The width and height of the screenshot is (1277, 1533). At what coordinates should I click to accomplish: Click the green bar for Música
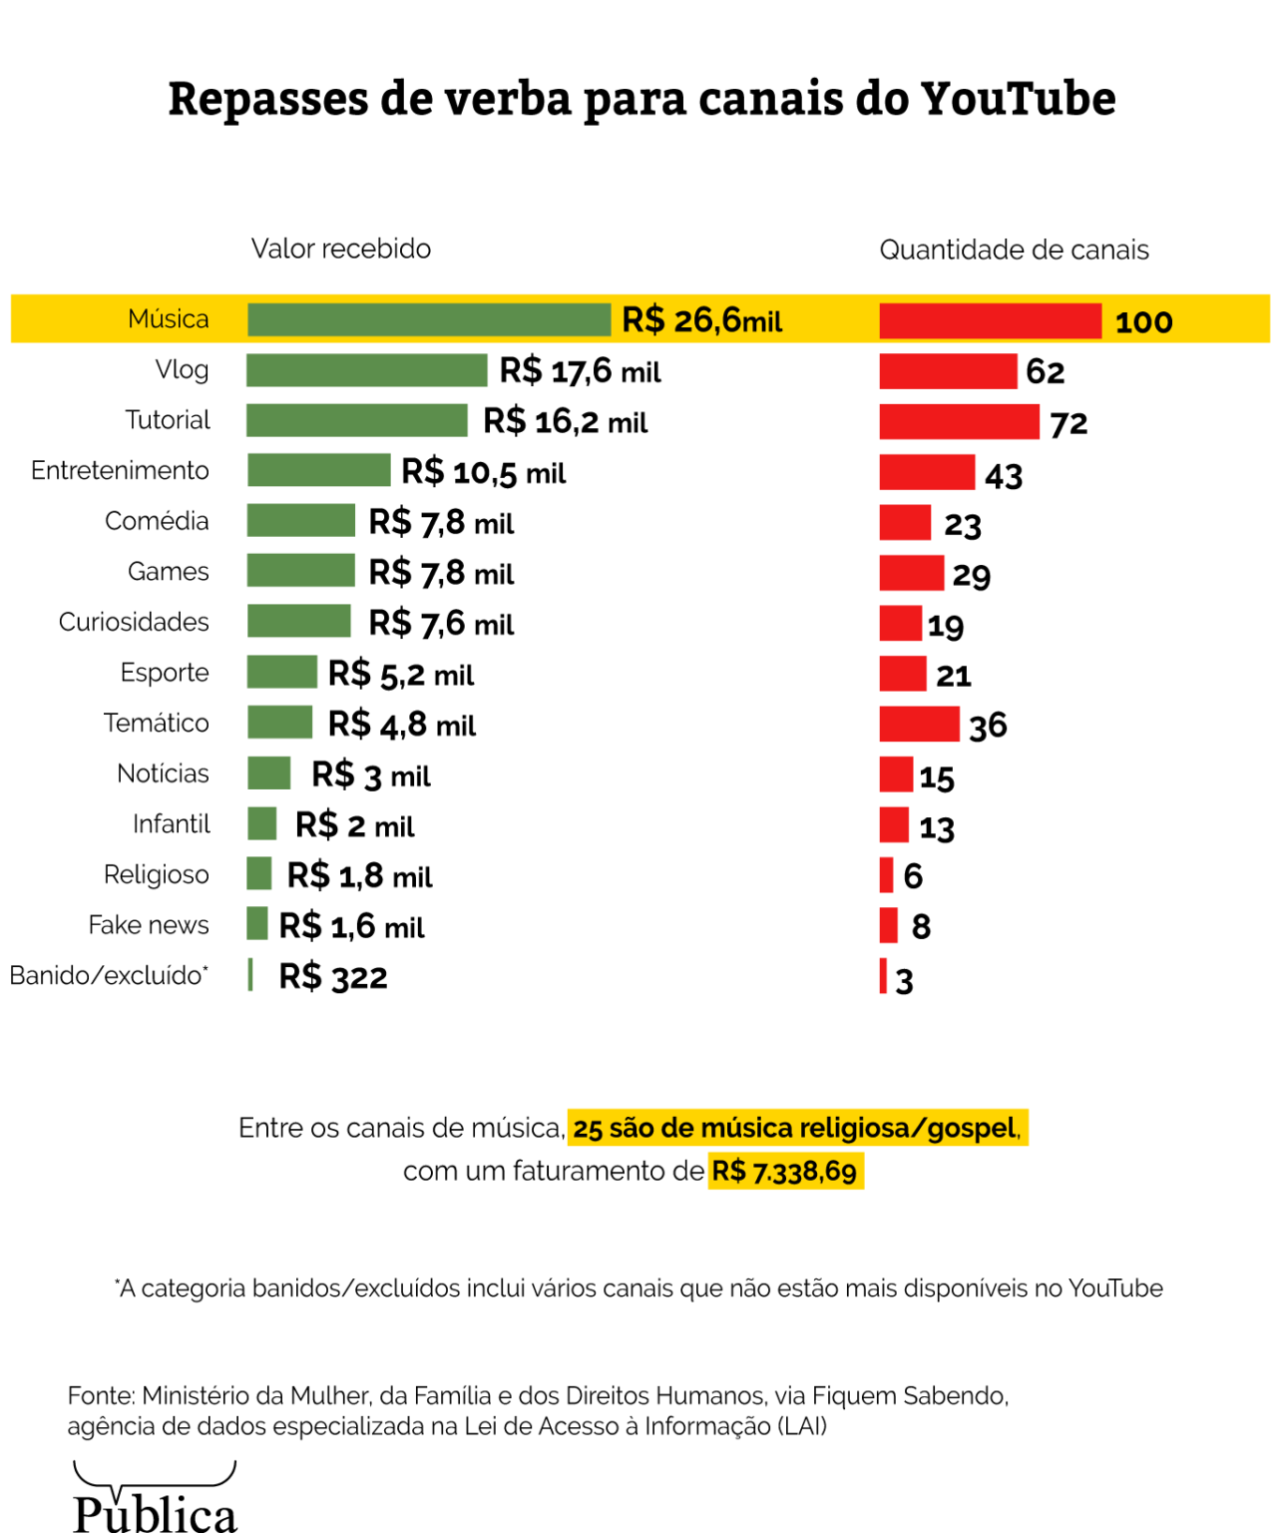(429, 320)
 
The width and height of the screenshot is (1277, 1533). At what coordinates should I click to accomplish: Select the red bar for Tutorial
(959, 421)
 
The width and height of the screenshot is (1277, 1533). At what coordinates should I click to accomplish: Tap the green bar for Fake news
(257, 924)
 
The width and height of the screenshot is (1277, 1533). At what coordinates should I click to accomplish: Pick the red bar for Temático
(919, 724)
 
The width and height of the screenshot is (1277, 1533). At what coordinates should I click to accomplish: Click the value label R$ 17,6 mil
(580, 371)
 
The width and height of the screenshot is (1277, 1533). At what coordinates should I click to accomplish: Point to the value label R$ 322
(332, 976)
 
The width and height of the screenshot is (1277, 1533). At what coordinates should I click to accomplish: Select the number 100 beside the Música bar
(1143, 322)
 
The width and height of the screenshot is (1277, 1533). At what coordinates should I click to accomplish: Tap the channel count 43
(1004, 475)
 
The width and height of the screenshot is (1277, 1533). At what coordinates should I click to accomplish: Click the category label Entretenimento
(120, 470)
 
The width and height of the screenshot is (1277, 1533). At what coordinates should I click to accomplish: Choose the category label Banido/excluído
(109, 975)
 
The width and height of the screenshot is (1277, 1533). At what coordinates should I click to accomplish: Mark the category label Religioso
(157, 874)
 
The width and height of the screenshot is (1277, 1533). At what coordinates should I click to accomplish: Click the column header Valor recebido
(341, 249)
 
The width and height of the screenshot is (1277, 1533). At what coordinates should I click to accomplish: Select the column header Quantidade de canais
(1014, 250)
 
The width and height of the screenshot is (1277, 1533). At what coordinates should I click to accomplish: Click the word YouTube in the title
(1018, 99)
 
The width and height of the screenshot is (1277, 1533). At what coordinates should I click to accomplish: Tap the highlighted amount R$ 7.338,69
(785, 1171)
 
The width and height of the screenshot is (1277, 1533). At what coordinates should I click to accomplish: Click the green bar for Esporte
(282, 672)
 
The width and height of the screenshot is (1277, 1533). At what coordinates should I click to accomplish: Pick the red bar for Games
(911, 573)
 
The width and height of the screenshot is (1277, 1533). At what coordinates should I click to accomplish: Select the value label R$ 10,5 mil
(483, 472)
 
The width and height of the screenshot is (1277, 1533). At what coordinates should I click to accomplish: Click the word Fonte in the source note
(100, 1395)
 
